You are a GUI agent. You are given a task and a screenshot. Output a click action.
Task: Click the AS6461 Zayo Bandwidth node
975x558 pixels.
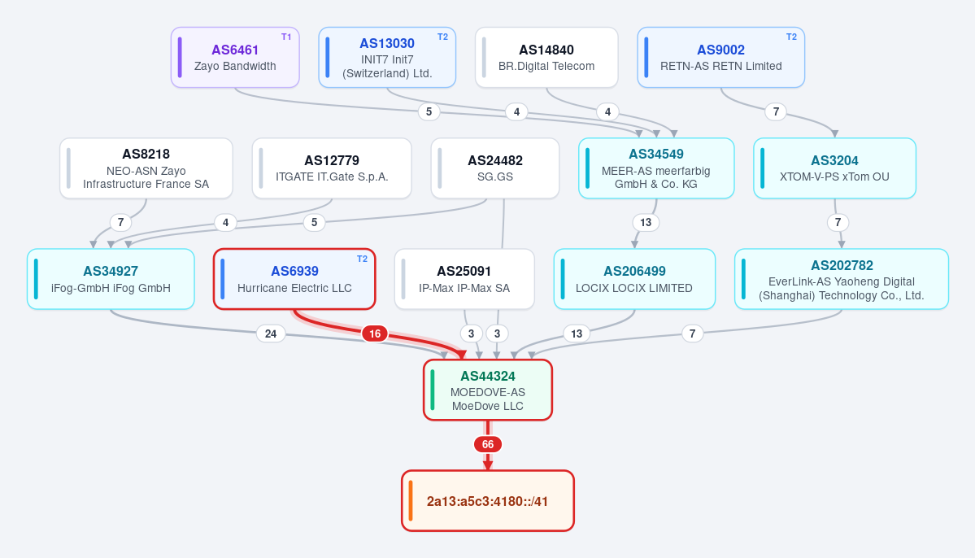click(235, 57)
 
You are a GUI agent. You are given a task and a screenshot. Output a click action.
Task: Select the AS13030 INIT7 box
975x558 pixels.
click(387, 57)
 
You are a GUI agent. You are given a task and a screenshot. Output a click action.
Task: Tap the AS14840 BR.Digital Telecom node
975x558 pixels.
click(546, 57)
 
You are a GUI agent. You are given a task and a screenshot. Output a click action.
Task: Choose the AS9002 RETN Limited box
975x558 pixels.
click(720, 57)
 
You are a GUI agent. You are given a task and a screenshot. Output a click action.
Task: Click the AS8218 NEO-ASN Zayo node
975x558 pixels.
click(146, 168)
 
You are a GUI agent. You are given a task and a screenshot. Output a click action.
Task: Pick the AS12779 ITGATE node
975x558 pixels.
click(332, 168)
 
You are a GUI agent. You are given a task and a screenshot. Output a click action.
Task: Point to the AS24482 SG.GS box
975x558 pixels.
click(495, 168)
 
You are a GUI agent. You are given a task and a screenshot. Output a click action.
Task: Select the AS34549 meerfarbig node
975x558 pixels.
click(656, 168)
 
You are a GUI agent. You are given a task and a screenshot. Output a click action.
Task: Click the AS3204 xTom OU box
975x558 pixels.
click(834, 168)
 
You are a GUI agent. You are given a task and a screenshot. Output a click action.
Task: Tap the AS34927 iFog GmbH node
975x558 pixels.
click(111, 279)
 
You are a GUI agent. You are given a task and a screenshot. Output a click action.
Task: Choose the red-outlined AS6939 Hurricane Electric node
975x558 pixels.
click(294, 279)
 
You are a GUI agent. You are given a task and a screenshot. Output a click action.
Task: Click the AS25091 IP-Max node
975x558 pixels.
click(464, 279)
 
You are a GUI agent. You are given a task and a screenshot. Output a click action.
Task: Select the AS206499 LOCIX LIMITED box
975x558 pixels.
click(634, 279)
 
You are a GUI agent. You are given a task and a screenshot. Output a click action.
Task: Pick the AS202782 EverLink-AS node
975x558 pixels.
click(842, 279)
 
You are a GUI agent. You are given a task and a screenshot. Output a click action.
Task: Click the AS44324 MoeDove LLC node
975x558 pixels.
click(488, 390)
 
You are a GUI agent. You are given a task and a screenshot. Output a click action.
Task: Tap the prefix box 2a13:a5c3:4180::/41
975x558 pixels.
click(488, 501)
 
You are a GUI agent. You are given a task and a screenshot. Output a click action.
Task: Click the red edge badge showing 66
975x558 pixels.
click(488, 444)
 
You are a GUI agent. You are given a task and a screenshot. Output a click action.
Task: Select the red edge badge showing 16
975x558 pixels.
click(375, 333)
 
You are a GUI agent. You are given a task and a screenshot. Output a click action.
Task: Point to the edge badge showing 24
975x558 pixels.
click(271, 333)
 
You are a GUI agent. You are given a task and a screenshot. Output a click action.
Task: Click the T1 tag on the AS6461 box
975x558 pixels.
click(286, 37)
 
